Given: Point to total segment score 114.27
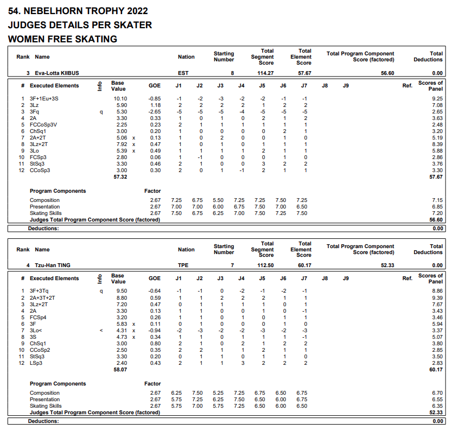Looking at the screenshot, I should (265, 73).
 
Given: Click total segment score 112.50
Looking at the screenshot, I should (265, 265).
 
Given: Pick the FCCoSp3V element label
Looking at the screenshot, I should (44, 124).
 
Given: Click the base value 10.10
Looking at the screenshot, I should (120, 98).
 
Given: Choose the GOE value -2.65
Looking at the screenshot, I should (154, 111).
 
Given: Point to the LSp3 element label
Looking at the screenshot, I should (36, 363).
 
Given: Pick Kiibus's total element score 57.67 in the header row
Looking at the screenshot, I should (304, 73).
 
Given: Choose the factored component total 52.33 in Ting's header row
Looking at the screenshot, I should (387, 265).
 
